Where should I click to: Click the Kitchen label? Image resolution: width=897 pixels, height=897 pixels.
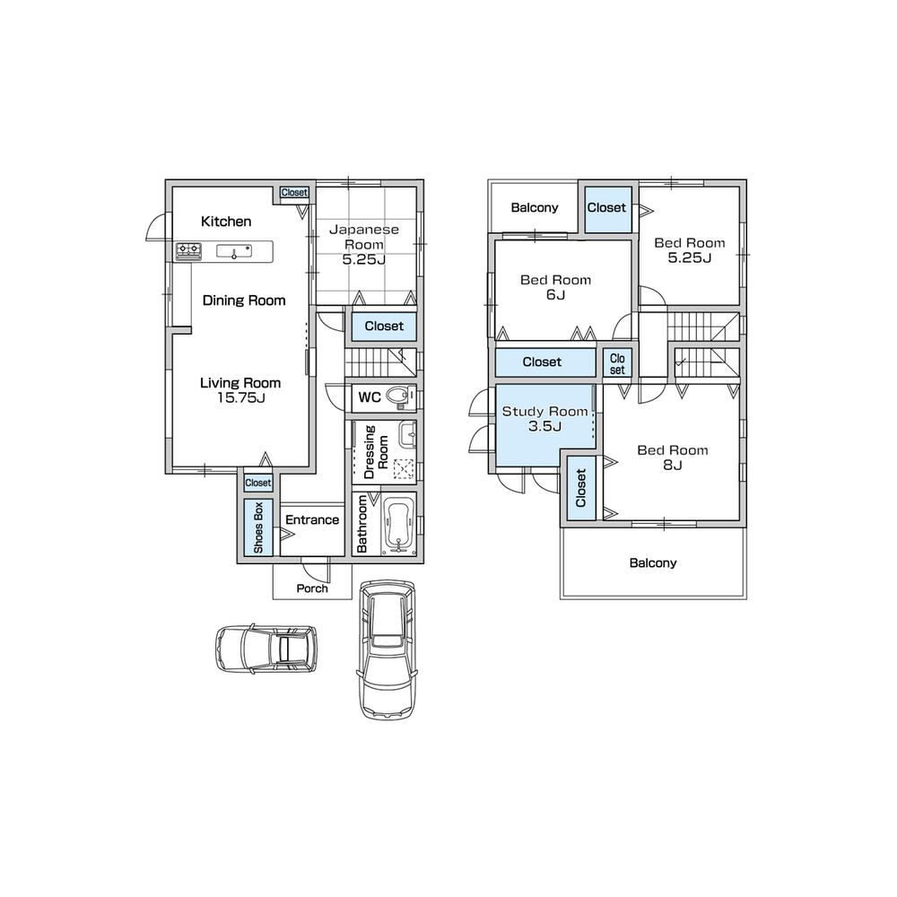click(x=226, y=222)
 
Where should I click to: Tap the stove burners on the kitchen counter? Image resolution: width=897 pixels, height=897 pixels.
click(x=188, y=251)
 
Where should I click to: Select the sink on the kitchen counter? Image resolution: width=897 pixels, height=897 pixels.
click(x=236, y=251)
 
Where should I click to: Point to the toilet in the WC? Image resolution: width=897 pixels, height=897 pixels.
click(x=402, y=396)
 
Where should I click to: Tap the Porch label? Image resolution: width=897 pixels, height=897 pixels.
click(x=311, y=589)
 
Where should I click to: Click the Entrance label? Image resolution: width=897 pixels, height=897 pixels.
click(x=312, y=520)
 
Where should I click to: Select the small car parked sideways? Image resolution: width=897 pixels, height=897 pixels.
click(x=266, y=649)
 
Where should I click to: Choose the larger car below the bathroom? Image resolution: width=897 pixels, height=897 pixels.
click(x=388, y=648)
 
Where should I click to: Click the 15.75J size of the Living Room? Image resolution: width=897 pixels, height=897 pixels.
click(x=239, y=397)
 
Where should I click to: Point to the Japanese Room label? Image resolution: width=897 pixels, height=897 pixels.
click(x=363, y=237)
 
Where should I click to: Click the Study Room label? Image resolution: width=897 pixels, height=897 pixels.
click(x=544, y=412)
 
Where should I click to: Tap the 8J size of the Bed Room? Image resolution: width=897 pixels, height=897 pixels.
click(x=673, y=466)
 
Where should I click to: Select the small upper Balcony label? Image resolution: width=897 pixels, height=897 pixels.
click(x=535, y=208)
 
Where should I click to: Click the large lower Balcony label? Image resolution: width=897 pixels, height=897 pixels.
click(x=652, y=563)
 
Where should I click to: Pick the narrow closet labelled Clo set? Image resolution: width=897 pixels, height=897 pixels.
click(x=617, y=362)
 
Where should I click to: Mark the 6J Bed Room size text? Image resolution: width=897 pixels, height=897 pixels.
click(x=555, y=295)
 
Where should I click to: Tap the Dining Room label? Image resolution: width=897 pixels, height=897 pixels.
click(x=244, y=300)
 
